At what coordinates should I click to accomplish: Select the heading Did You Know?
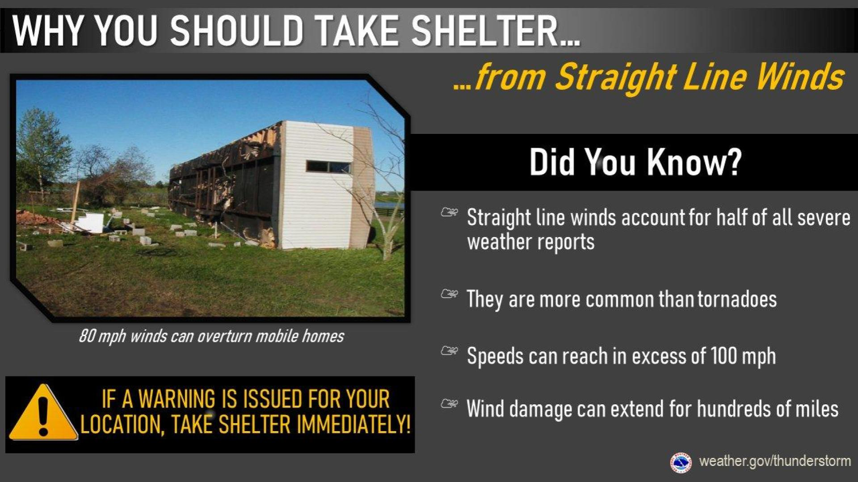[635, 162]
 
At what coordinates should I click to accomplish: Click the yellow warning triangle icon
[43, 413]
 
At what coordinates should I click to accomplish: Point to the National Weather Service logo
[681, 462]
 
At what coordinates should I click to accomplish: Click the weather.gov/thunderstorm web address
[774, 461]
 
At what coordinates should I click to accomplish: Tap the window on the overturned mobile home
[329, 167]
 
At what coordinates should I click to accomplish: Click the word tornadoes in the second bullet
[737, 299]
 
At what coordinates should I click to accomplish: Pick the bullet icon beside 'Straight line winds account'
[449, 212]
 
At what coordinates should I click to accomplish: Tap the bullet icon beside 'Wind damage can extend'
[449, 403]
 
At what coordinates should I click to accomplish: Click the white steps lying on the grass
[91, 223]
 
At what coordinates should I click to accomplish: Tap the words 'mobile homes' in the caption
[300, 336]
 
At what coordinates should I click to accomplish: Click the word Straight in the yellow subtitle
[616, 78]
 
